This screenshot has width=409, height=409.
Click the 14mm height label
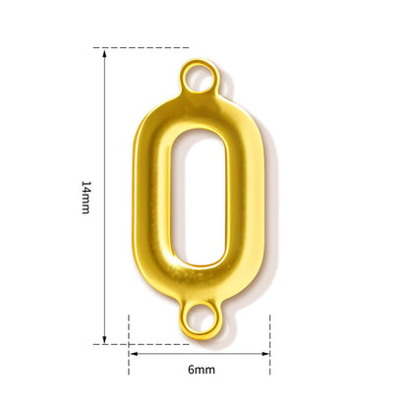tap(86, 197)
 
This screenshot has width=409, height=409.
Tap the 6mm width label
tap(202, 370)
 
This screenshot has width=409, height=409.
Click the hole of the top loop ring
tap(199, 78)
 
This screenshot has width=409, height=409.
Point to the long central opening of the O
tap(198, 198)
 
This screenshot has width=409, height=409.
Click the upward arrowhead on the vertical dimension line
tap(104, 53)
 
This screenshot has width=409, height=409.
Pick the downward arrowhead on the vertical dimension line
tap(104, 339)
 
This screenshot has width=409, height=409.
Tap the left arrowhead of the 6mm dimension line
tap(134, 354)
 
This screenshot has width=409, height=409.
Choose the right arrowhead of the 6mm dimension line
tap(264, 354)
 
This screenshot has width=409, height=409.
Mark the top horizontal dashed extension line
tap(141, 48)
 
